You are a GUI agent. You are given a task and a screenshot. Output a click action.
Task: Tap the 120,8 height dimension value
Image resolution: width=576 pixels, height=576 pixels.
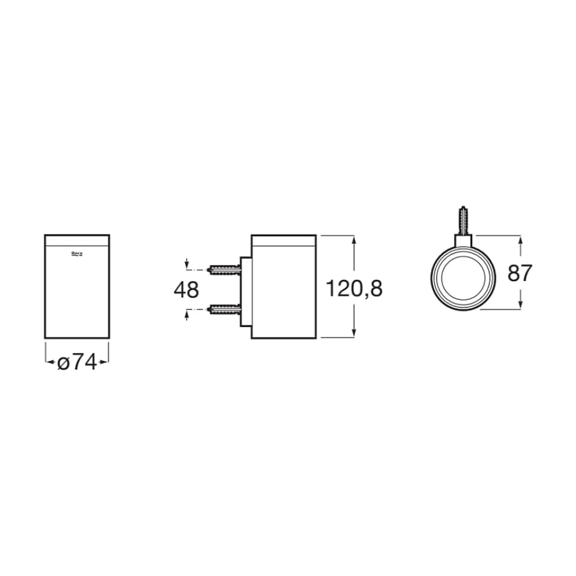(354, 288)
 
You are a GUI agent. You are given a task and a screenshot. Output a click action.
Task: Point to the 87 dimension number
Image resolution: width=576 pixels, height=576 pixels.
(520, 273)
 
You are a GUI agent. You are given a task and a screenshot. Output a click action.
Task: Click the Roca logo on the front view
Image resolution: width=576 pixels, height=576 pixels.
(77, 254)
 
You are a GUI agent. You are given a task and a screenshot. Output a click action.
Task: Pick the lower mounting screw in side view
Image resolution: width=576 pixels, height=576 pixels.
(225, 309)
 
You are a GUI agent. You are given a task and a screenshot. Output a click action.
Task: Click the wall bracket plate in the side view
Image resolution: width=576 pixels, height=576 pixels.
(246, 291)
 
